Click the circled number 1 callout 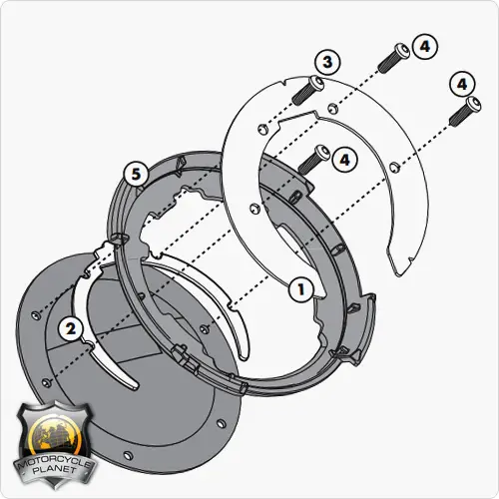tap(301, 289)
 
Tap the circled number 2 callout tap(71, 329)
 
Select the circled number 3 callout tap(327, 62)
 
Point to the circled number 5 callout tap(136, 174)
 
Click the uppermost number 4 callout tap(425, 47)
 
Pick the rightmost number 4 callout tap(462, 84)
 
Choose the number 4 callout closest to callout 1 tap(345, 160)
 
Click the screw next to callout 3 tap(307, 90)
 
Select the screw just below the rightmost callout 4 tap(465, 111)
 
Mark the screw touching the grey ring tap(314, 160)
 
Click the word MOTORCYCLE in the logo tap(54, 464)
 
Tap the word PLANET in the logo tap(55, 471)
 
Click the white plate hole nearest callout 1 tap(254, 209)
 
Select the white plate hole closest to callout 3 tap(333, 107)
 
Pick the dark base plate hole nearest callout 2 tap(35, 314)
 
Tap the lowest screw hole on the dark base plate tap(128, 455)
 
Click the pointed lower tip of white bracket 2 tap(136, 387)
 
